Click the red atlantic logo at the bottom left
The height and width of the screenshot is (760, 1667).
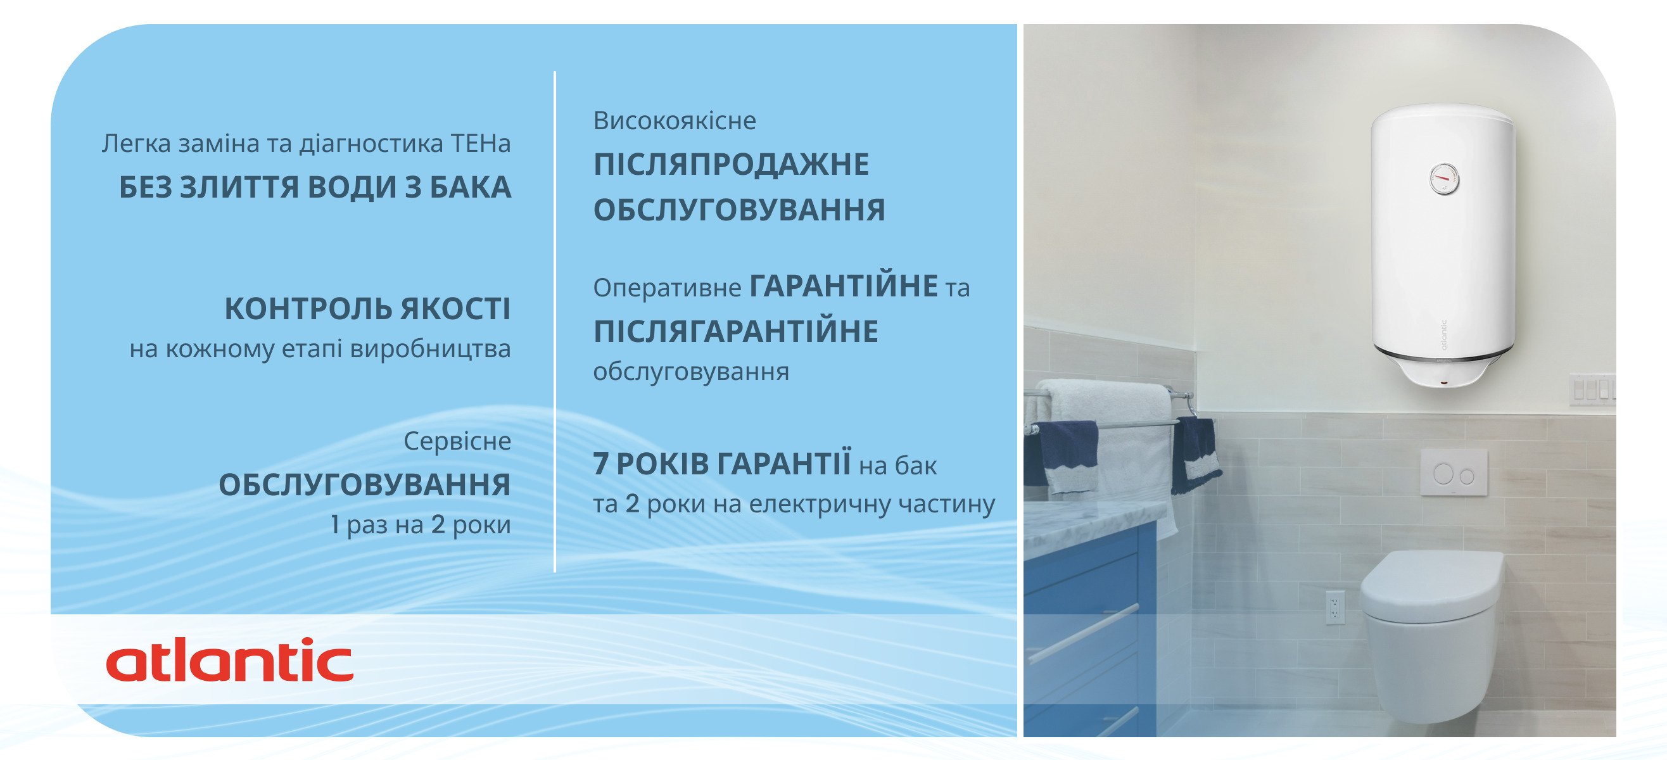[230, 660]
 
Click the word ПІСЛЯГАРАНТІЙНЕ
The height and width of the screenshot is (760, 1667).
[736, 331]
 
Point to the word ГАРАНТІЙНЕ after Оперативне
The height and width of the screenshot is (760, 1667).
[844, 286]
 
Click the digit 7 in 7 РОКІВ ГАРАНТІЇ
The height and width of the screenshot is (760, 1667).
[601, 464]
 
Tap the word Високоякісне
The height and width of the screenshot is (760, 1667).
[675, 121]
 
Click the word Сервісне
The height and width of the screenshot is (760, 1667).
[457, 441]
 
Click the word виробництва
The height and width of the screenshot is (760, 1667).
[430, 350]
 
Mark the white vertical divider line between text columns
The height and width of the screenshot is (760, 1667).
[555, 322]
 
